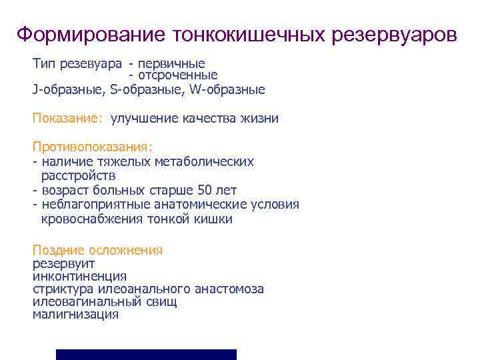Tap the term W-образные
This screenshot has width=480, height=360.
coord(221,89)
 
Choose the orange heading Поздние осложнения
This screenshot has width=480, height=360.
coord(97,250)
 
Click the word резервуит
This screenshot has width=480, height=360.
coord(63,263)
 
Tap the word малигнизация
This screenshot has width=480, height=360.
coord(75,315)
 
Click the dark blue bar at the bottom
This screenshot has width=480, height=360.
coord(146,354)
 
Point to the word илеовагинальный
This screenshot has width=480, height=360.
coord(83,302)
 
